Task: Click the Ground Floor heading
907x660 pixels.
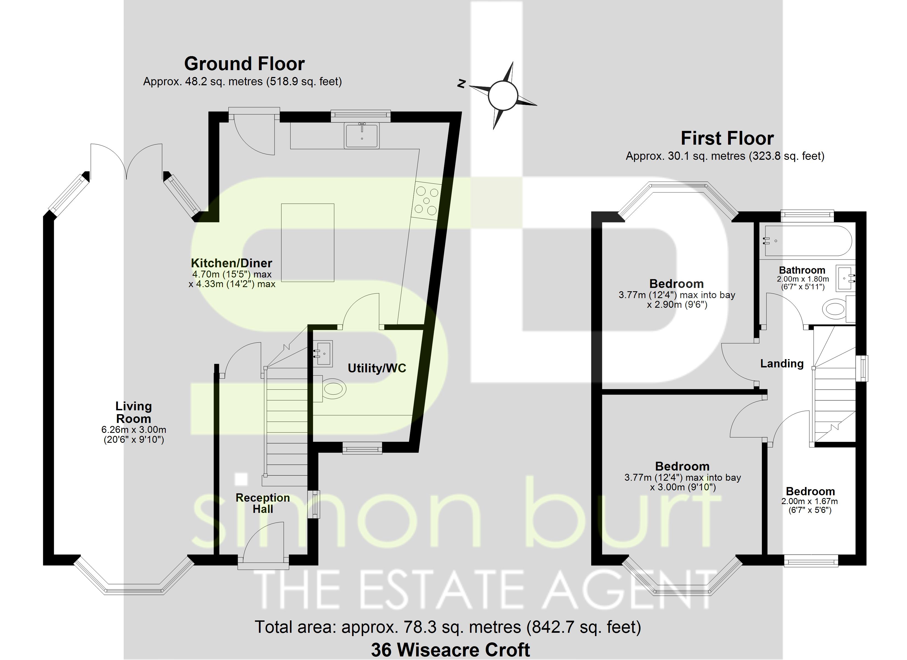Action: coord(244,64)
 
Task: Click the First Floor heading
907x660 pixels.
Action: coord(727,139)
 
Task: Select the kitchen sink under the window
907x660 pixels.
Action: coord(361,136)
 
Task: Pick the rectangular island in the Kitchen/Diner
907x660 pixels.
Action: coord(308,243)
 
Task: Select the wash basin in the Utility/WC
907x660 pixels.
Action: coord(323,353)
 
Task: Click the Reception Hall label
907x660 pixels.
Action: coord(263,503)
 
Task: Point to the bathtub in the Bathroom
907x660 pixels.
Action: coord(808,241)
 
